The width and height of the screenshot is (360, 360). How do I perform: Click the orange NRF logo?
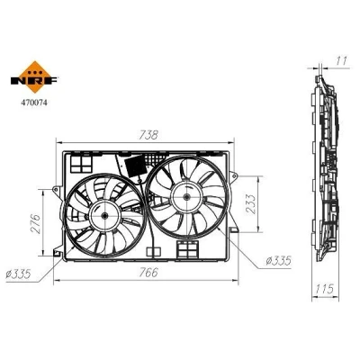(x=34, y=77)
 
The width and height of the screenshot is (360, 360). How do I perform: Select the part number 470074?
(x=34, y=103)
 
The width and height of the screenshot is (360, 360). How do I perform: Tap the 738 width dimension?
(x=148, y=135)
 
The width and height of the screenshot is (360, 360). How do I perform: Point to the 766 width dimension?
(x=148, y=273)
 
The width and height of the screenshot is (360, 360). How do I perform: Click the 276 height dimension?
(x=35, y=223)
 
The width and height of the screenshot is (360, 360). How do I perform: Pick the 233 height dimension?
(x=250, y=204)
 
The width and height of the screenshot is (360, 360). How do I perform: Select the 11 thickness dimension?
(x=341, y=61)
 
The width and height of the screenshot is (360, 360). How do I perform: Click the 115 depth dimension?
(x=325, y=289)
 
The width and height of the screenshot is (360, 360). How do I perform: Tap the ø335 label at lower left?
(x=18, y=274)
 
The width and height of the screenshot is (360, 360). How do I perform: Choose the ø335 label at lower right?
(x=279, y=261)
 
